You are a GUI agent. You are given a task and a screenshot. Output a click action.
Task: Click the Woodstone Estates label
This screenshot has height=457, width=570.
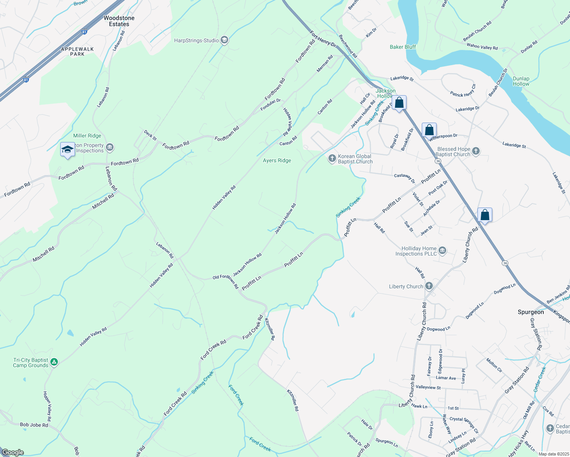119,21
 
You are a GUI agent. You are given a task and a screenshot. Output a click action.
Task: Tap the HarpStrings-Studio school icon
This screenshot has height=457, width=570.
224,40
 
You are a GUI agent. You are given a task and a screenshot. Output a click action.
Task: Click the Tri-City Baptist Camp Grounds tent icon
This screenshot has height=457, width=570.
54,362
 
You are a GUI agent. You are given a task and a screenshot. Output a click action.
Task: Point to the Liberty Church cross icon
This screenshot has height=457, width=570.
429,286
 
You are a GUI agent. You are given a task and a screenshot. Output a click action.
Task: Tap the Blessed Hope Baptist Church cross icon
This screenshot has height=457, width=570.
476,151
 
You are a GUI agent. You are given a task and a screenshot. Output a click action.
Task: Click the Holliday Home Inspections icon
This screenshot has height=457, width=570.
442,251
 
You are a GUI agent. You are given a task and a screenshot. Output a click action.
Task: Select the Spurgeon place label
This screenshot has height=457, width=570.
531,312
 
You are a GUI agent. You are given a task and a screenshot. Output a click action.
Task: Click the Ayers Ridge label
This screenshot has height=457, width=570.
277,160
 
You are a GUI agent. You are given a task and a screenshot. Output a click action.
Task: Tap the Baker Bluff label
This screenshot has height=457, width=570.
403,47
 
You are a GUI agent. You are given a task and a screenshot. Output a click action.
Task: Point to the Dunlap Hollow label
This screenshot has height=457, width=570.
521,81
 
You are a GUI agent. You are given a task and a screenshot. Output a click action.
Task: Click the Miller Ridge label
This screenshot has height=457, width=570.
87,136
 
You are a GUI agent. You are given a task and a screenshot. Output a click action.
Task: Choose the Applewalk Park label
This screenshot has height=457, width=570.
77,51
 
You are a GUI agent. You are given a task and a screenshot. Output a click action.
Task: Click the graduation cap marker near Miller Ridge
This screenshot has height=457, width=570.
67,149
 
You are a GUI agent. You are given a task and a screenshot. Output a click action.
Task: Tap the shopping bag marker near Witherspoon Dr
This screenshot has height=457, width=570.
429,130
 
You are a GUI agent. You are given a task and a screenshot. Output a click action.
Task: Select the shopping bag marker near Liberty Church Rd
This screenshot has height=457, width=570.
485,215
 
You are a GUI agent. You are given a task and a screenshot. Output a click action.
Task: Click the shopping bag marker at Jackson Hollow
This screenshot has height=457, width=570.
399,103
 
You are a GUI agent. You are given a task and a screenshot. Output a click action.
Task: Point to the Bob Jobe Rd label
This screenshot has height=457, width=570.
34,425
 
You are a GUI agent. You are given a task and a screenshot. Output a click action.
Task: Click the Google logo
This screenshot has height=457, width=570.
13,452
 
